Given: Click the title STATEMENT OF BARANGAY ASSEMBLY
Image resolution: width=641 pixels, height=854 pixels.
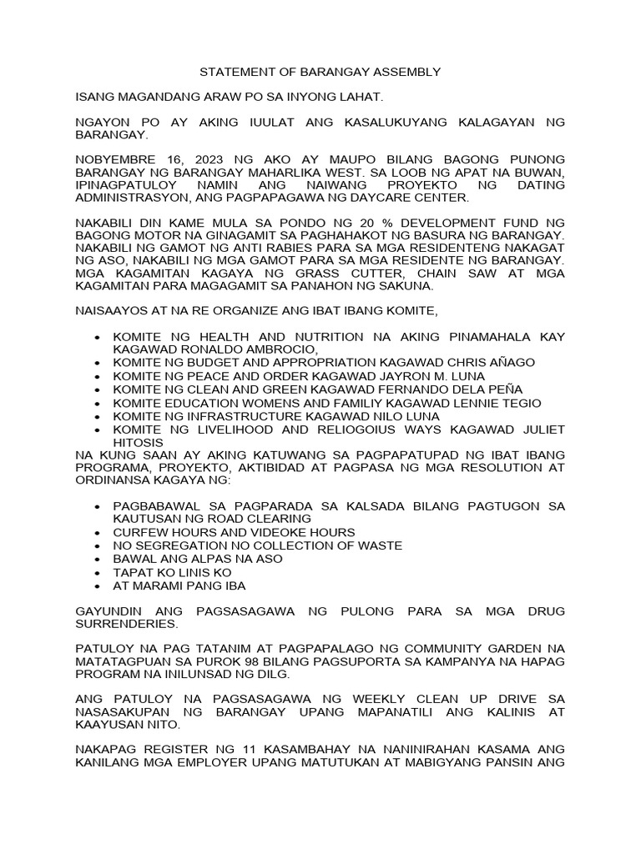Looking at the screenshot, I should (320, 73).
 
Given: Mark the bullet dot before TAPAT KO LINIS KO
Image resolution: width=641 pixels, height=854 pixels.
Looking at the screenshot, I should (99, 573).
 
